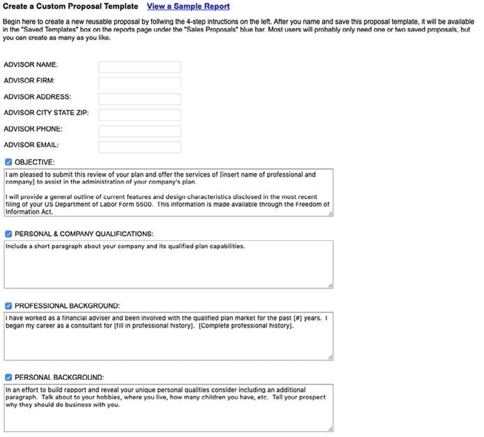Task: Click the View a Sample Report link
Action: pyautogui.click(x=188, y=6)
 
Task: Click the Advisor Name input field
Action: pyautogui.click(x=139, y=67)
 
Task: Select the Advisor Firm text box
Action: pyautogui.click(x=139, y=83)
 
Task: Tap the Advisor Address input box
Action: pyautogui.click(x=139, y=99)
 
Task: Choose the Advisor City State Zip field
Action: pyautogui.click(x=139, y=115)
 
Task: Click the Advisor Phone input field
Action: pyautogui.click(x=139, y=131)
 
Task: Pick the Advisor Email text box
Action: pyautogui.click(x=139, y=147)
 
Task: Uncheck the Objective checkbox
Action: pyautogui.click(x=8, y=162)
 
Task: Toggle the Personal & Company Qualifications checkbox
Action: pyautogui.click(x=8, y=234)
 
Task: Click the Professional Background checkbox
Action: pyautogui.click(x=8, y=306)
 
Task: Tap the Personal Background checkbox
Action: pyautogui.click(x=8, y=378)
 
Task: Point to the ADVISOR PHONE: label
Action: pyautogui.click(x=33, y=129)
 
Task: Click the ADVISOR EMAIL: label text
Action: pyautogui.click(x=31, y=145)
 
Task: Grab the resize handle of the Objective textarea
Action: pyautogui.click(x=331, y=213)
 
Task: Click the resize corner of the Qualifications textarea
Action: pyautogui.click(x=331, y=285)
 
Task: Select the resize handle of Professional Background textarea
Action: pyautogui.click(x=331, y=357)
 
